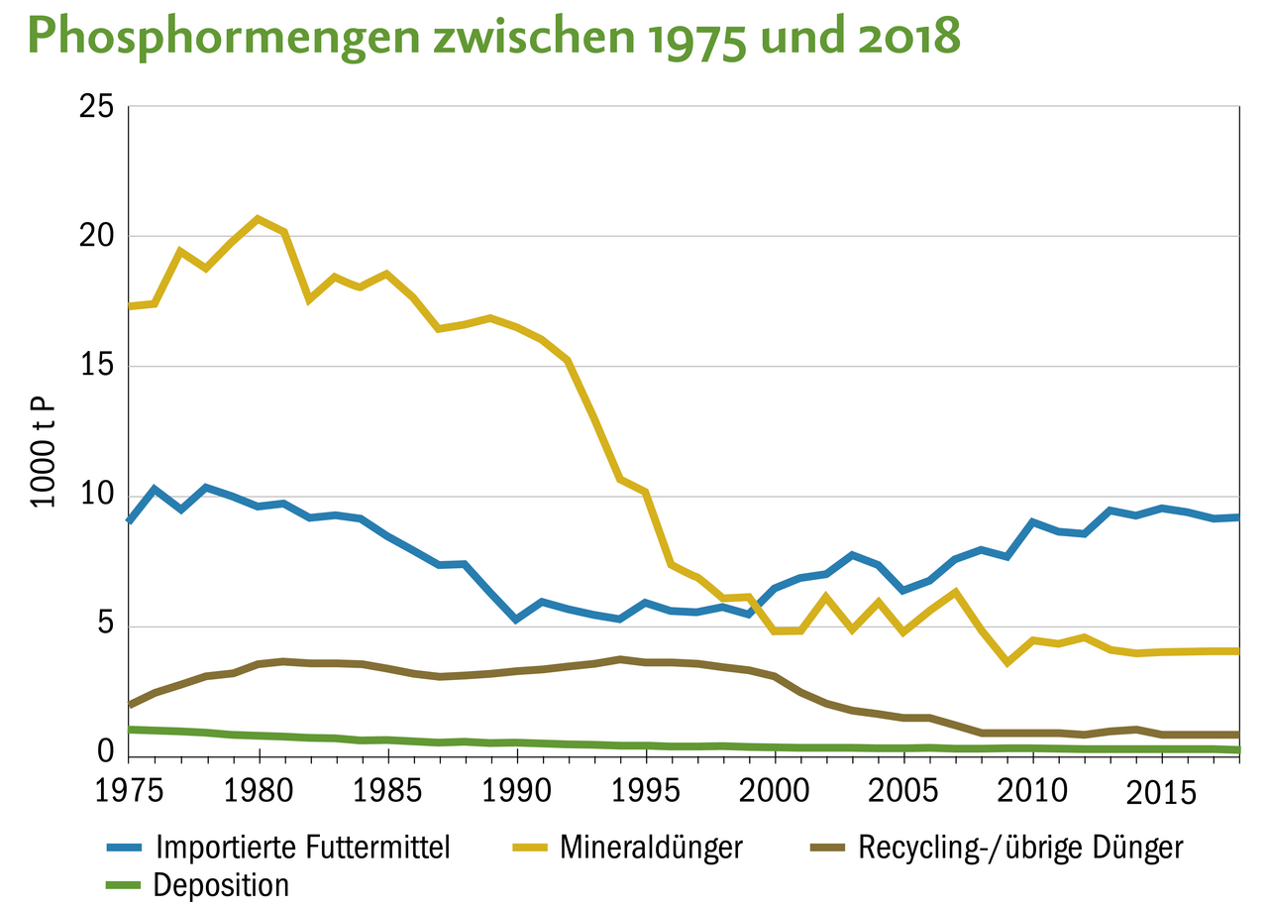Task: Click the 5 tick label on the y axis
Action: point(104,626)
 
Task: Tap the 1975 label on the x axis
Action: point(129,796)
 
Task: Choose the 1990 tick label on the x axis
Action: point(516,796)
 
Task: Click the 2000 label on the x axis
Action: point(775,796)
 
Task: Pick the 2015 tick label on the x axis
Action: point(1160,796)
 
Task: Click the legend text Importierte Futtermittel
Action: point(304,848)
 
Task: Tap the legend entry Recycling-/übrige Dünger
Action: point(1020,848)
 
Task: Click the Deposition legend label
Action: point(221,884)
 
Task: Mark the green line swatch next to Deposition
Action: point(126,884)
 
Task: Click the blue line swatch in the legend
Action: point(126,848)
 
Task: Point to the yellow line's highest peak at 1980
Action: point(258,218)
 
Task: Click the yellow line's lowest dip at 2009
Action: point(1006,661)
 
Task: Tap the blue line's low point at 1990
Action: point(516,619)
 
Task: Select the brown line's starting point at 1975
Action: point(130,704)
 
